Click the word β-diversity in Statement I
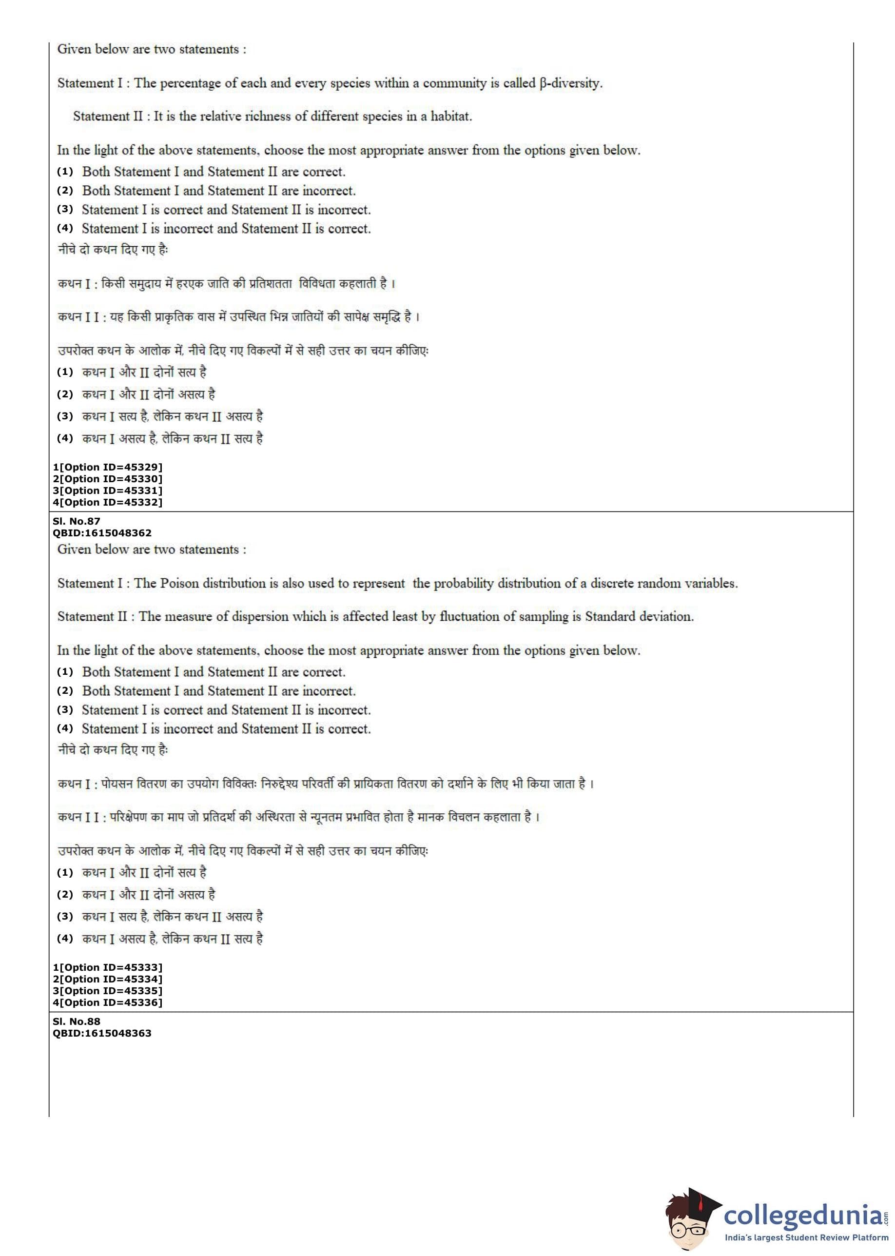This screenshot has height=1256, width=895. pyautogui.click(x=571, y=83)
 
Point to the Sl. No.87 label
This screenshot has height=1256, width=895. pyautogui.click(x=77, y=521)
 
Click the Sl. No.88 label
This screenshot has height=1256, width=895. pyautogui.click(x=77, y=1021)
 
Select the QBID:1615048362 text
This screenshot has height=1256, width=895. pyautogui.click(x=102, y=533)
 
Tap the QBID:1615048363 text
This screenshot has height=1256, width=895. pyautogui.click(x=102, y=1033)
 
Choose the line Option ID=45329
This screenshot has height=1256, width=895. pyautogui.click(x=108, y=468)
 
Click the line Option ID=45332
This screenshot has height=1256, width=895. pyautogui.click(x=108, y=502)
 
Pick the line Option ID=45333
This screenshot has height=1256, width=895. pyautogui.click(x=108, y=967)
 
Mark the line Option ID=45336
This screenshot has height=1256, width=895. pyautogui.click(x=108, y=1002)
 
